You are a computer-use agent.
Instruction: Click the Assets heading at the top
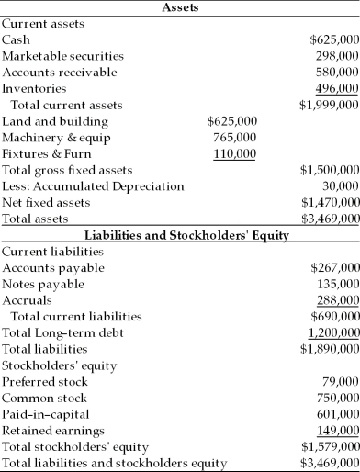pyautogui.click(x=180, y=7)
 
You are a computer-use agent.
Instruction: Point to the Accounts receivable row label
pyautogui.click(x=60, y=72)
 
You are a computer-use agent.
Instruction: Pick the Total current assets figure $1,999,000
pyautogui.click(x=329, y=105)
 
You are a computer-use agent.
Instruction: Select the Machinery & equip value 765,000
pyautogui.click(x=233, y=137)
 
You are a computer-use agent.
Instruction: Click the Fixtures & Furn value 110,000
pyautogui.click(x=235, y=153)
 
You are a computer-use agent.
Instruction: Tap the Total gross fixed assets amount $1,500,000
pyautogui.click(x=329, y=170)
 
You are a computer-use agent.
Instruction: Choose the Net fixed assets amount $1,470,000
pyautogui.click(x=329, y=202)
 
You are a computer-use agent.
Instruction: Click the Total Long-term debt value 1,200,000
pyautogui.click(x=332, y=332)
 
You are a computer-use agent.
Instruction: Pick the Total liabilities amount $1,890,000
pyautogui.click(x=329, y=348)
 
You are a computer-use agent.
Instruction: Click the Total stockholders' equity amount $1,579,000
pyautogui.click(x=329, y=446)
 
